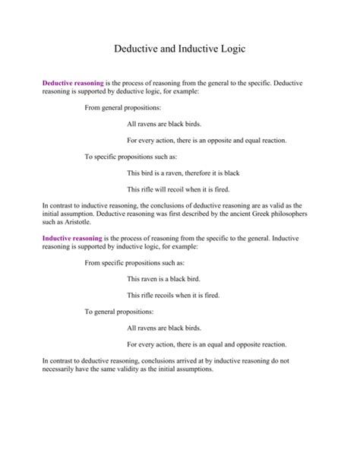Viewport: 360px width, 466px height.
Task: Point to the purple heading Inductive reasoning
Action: (72, 239)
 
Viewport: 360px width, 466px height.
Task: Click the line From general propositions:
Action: (122, 106)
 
